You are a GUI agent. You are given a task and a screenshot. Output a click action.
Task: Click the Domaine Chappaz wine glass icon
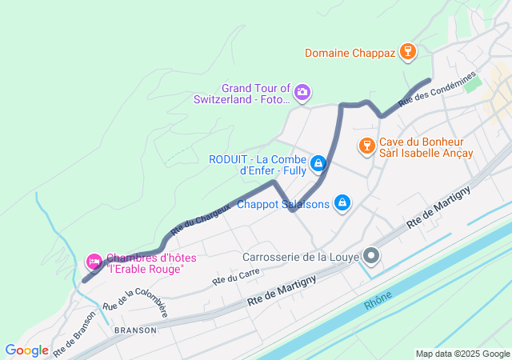[x=408, y=53]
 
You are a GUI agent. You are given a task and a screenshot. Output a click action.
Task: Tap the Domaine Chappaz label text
[x=350, y=54]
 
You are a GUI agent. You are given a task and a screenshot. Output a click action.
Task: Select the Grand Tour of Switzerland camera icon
[x=302, y=93]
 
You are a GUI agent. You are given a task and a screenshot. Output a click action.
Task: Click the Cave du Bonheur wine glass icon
[x=366, y=145]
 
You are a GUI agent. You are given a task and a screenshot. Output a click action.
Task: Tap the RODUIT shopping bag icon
[x=318, y=163]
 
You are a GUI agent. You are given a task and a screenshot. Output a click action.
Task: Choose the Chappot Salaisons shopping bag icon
[x=342, y=203]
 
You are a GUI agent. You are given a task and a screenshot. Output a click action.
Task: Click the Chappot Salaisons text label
[x=283, y=204]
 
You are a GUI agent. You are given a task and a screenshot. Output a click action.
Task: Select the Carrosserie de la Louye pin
[x=371, y=256]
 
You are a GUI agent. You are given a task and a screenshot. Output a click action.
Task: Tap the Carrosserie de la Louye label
[x=300, y=257]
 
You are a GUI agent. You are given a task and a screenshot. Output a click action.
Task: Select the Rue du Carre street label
[x=236, y=276]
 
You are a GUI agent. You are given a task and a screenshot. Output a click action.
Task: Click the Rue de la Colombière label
[x=134, y=305]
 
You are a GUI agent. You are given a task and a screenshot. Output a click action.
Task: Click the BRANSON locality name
[x=134, y=330]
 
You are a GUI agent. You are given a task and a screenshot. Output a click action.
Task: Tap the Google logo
[x=26, y=350]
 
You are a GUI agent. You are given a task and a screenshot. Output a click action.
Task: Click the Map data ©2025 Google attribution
[x=462, y=354]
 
